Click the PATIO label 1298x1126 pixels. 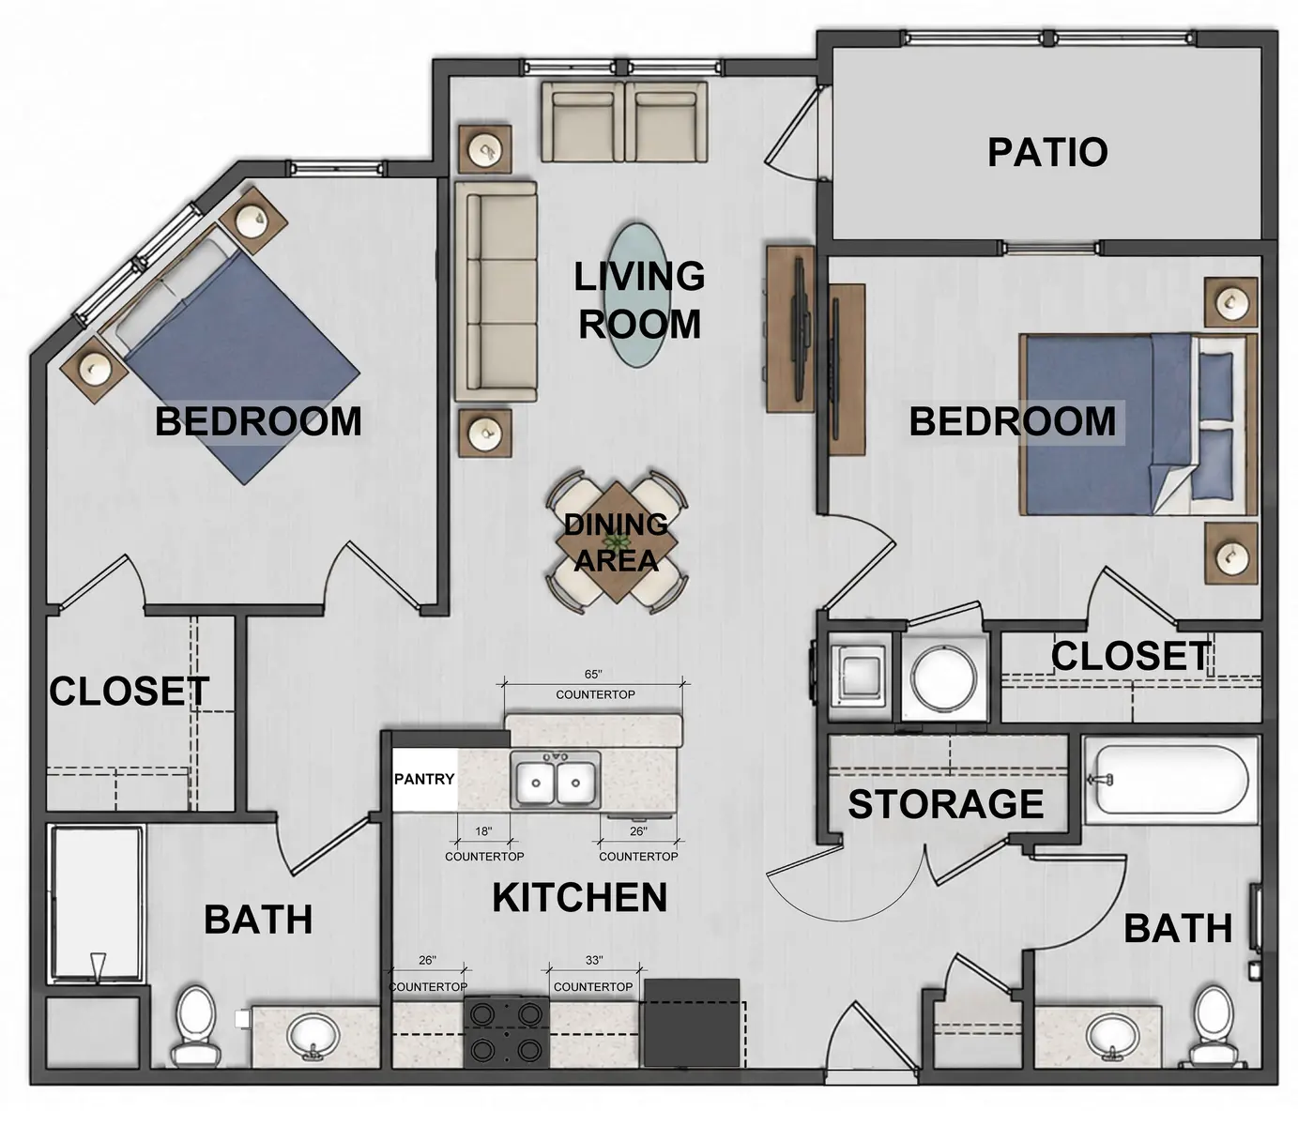pyautogui.click(x=1046, y=152)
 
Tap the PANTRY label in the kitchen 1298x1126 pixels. pyautogui.click(x=424, y=779)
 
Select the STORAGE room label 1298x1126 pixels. pyautogui.click(x=945, y=804)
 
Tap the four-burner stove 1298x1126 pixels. pyautogui.click(x=506, y=1032)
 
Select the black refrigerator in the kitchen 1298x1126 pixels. pyautogui.click(x=692, y=1023)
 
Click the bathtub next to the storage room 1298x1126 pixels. pyautogui.click(x=1170, y=779)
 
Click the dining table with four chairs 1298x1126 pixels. pyautogui.click(x=616, y=542)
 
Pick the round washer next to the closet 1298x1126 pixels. pyautogui.click(x=944, y=677)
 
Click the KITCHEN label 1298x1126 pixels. pyautogui.click(x=580, y=897)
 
